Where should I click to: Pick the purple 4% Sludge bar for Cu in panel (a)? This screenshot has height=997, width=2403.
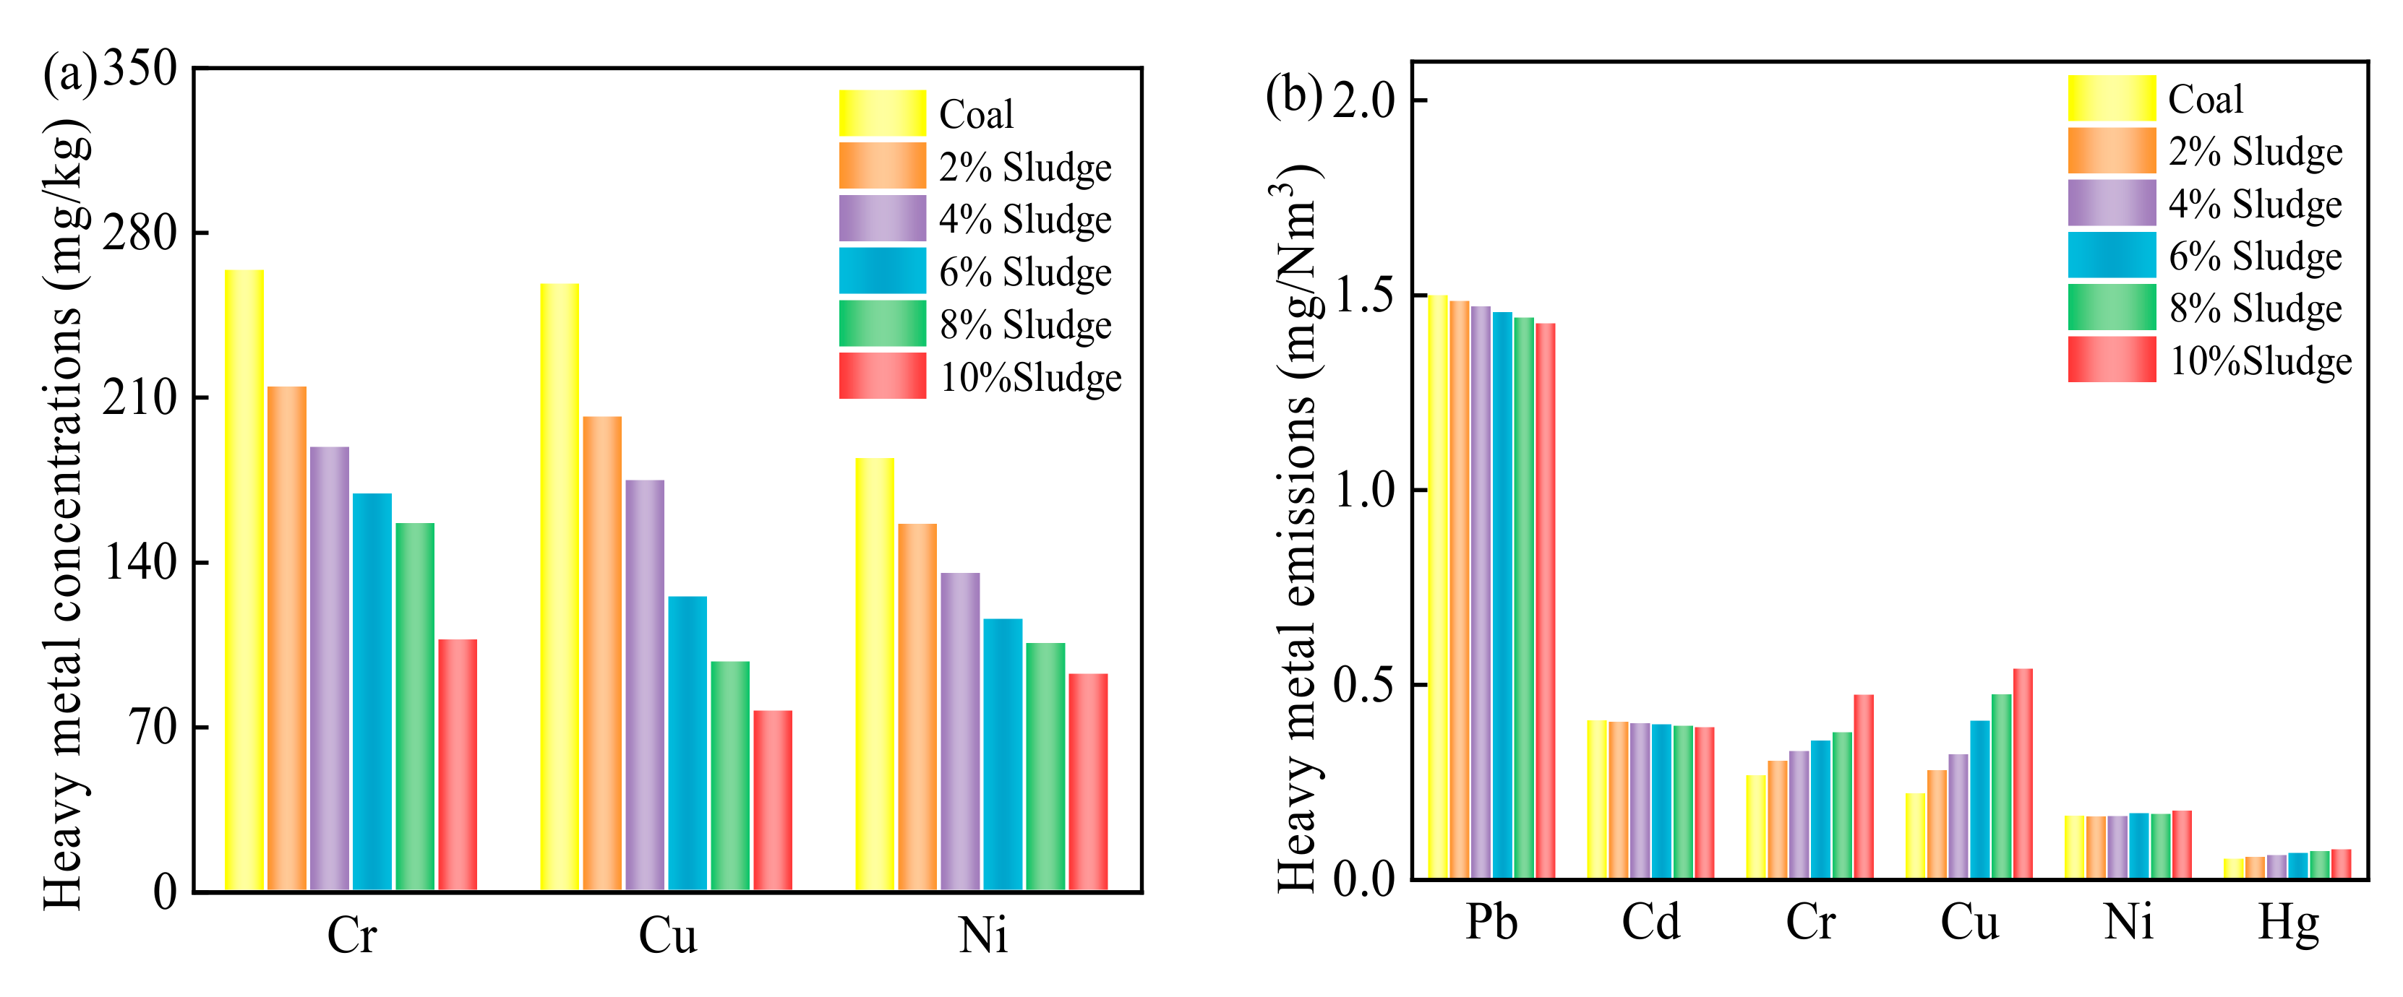pyautogui.click(x=645, y=685)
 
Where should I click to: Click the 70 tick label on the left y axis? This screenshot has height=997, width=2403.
pyautogui.click(x=154, y=727)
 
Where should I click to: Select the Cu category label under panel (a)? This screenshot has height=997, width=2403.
pyautogui.click(x=667, y=936)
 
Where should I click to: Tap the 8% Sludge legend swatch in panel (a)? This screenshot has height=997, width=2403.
pyautogui.click(x=881, y=324)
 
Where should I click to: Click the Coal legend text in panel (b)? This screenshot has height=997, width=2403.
pyautogui.click(x=2205, y=99)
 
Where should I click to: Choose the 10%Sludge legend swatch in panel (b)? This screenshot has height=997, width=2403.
pyautogui.click(x=2111, y=360)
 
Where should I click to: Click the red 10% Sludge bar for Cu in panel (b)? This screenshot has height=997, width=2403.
pyautogui.click(x=2023, y=773)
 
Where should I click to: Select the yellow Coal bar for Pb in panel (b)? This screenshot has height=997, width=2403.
pyautogui.click(x=1437, y=587)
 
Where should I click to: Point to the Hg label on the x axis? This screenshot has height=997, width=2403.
pyautogui.click(x=2287, y=923)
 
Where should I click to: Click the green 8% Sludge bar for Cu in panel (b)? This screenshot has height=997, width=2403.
pyautogui.click(x=2001, y=785)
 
